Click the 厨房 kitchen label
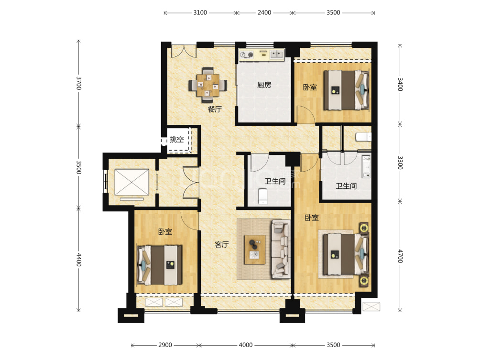click(264, 85)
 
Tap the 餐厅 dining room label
click(214, 109)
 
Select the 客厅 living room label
click(221, 244)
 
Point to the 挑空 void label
click(176, 140)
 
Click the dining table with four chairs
click(208, 85)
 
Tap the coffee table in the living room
click(255, 250)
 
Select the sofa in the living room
click(281, 249)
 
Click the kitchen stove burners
click(247, 55)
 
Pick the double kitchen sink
click(276, 55)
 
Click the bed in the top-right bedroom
click(346, 90)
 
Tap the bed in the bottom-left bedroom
click(160, 265)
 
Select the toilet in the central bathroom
click(263, 196)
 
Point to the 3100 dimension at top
click(200, 12)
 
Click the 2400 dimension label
click(264, 12)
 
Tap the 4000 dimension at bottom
click(246, 345)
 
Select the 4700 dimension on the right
click(400, 256)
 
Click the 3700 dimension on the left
click(79, 83)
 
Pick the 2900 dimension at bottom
click(165, 345)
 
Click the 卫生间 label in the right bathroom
click(346, 186)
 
